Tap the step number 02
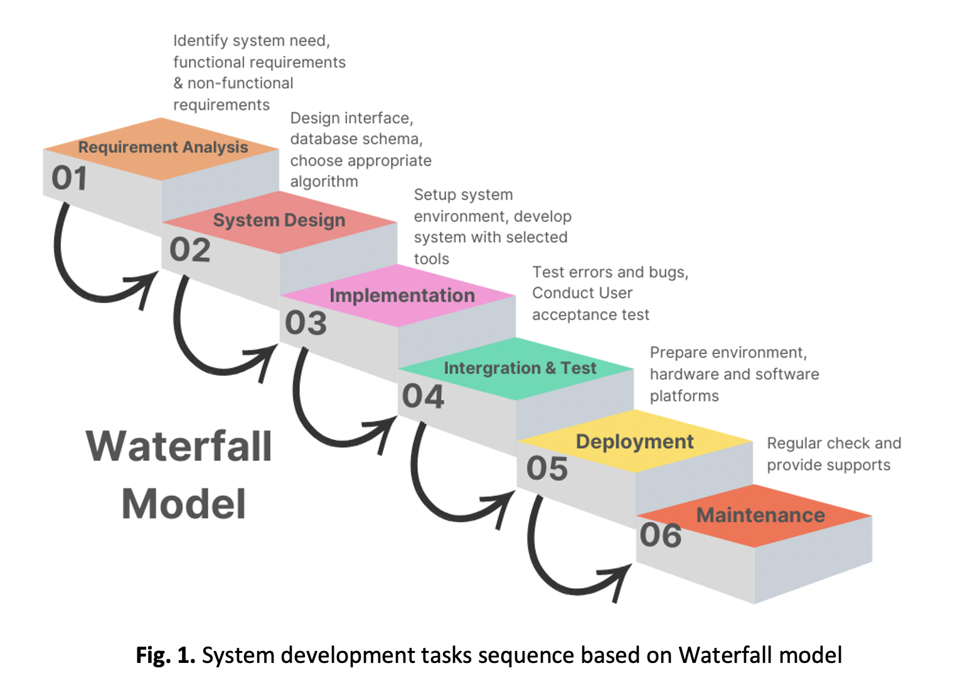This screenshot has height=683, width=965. coord(189,250)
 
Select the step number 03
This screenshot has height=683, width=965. coord(306,323)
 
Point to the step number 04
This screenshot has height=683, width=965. coord(423,396)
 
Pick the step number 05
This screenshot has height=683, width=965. coord(546,468)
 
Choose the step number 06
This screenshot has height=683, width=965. coord(660,535)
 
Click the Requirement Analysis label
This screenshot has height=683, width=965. coord(163,148)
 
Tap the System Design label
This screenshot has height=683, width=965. coord(279,220)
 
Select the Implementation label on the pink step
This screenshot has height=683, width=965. coord(402,295)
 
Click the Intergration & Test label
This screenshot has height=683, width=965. coord(520,368)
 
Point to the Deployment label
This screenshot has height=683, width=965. coord(634,442)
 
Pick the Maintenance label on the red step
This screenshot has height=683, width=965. coord(760,515)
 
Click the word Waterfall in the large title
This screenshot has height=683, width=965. coord(179,446)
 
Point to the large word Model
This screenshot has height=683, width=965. coord(183,504)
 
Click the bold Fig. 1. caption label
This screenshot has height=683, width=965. coord(166,655)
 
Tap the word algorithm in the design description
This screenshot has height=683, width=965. coord(324,182)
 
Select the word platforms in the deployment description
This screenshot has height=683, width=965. coord(684,396)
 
